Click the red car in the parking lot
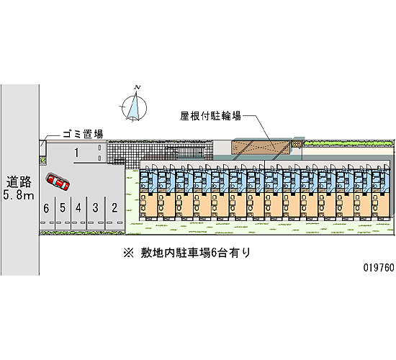click(58, 182)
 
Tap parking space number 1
click(76, 153)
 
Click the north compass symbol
click(134, 107)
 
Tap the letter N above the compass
click(138, 87)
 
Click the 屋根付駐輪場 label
click(210, 116)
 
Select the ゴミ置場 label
click(83, 134)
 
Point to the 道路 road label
click(19, 181)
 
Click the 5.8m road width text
click(19, 195)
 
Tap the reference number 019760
click(379, 267)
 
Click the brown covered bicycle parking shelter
click(261, 148)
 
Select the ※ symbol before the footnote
click(129, 253)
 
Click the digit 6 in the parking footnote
click(213, 253)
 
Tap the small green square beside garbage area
click(42, 160)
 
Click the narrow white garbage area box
click(42, 148)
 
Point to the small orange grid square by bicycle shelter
click(297, 144)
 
